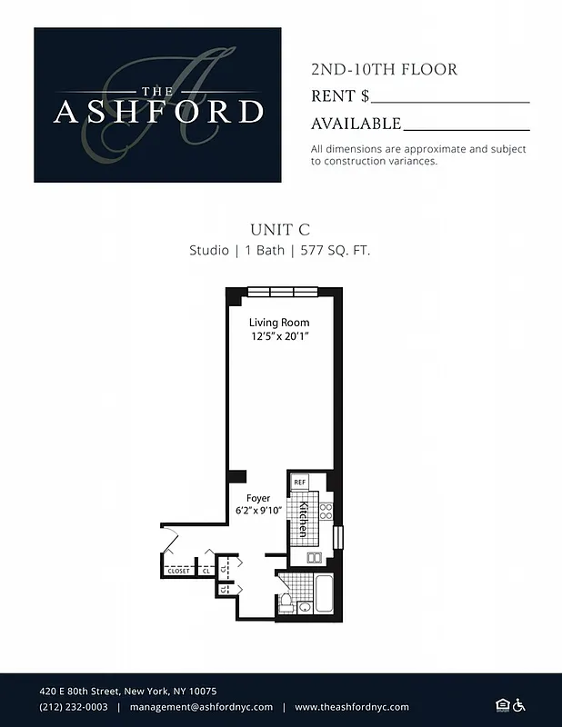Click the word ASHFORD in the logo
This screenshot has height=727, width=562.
click(x=158, y=112)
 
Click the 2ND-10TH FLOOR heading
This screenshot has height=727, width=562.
click(x=384, y=70)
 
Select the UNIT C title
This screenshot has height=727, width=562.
click(x=280, y=230)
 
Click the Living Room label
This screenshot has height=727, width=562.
click(x=279, y=323)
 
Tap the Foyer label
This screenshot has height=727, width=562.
click(x=258, y=498)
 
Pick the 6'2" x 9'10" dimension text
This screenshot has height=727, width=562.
click(x=258, y=511)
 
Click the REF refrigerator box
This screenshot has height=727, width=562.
click(x=299, y=482)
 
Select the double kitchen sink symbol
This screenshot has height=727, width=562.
click(x=316, y=557)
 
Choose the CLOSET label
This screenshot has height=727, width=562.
click(x=178, y=571)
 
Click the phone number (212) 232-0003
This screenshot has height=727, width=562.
click(x=73, y=707)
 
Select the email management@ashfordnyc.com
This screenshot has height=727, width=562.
click(x=201, y=707)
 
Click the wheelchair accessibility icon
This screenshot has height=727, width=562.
click(x=519, y=705)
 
